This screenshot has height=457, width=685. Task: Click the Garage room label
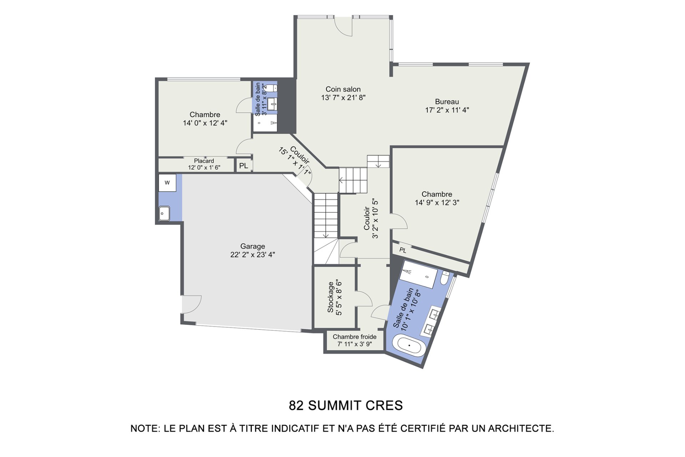[253, 246]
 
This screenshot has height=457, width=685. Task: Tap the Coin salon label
[343, 89]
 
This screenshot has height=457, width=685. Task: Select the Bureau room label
[447, 102]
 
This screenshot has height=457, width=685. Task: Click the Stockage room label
[330, 297]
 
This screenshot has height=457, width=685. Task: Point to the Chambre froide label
[355, 337]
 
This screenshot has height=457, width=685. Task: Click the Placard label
[204, 161]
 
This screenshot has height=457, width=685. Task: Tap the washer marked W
[167, 183]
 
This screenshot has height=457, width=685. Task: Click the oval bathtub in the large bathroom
[409, 345]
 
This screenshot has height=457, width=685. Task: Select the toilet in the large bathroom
[445, 278]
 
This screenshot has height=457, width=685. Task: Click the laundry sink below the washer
[164, 214]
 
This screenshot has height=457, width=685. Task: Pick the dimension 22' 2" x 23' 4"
[253, 255]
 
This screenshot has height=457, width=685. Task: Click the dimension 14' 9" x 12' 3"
[437, 202]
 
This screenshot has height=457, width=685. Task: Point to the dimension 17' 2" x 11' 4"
[447, 110]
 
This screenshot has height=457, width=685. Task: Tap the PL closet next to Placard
[244, 166]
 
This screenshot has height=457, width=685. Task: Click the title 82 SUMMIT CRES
[346, 406]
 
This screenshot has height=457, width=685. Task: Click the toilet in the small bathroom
[272, 88]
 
